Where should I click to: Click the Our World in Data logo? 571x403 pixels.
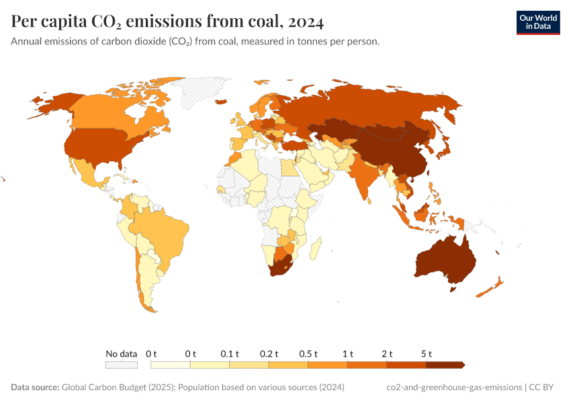pos(537,22)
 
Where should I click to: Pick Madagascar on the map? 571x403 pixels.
pos(313,250)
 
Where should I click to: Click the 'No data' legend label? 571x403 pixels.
pos(122,353)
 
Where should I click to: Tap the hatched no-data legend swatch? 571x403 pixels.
pos(122,365)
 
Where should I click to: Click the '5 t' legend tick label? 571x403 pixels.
pos(426,353)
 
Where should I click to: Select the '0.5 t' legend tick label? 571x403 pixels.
pos(308,353)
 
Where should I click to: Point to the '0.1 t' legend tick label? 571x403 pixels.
pos(230,353)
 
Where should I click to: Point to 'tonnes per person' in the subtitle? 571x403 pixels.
pos(341,42)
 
